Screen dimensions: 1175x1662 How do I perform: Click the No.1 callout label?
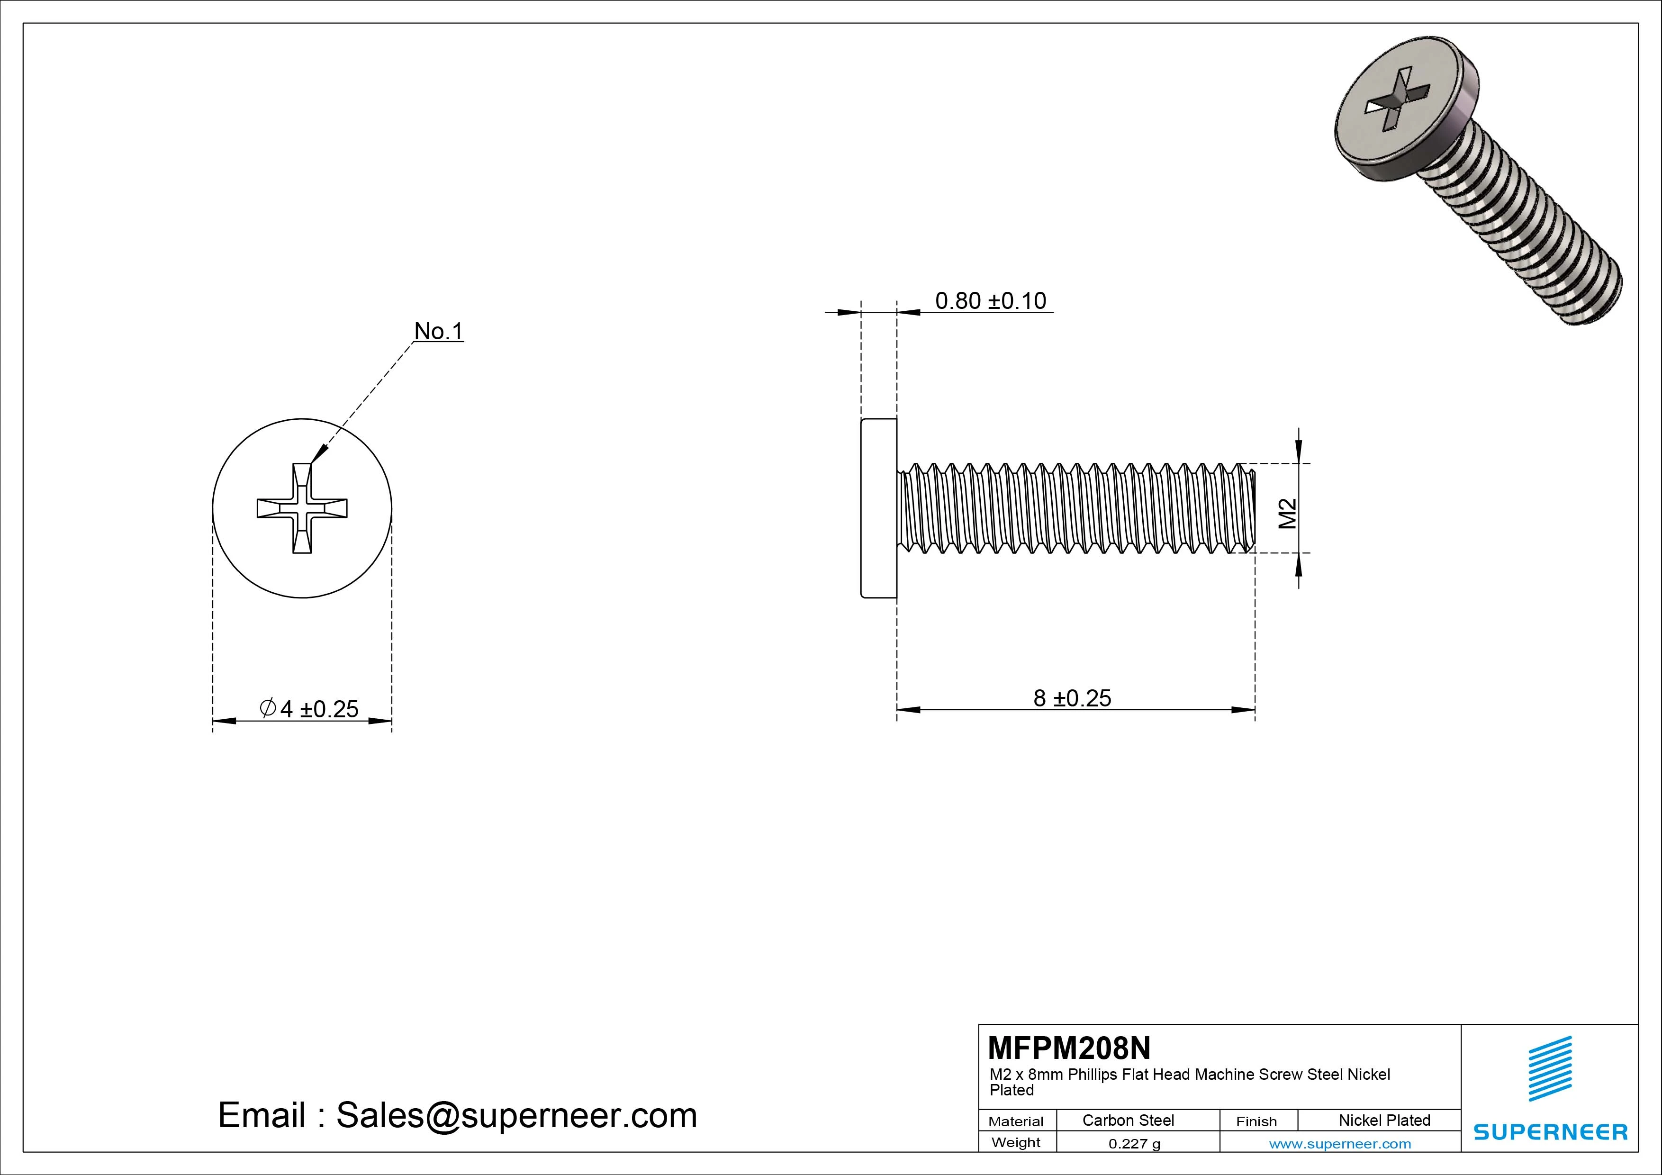pos(438,332)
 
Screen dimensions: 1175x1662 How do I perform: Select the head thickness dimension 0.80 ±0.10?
pos(990,300)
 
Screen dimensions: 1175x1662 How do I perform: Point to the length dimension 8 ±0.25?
pos(1072,698)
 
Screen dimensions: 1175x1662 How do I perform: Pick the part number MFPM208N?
pos(1068,1048)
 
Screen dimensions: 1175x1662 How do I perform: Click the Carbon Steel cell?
pos(1128,1120)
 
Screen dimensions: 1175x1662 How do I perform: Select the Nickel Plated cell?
pos(1384,1120)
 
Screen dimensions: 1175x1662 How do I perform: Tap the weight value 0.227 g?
pos(1134,1144)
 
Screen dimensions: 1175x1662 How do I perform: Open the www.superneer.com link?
pos(1340,1144)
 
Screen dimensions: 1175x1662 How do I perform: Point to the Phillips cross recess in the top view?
pos(302,508)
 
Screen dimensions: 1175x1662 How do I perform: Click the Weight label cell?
pos(1016,1142)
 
